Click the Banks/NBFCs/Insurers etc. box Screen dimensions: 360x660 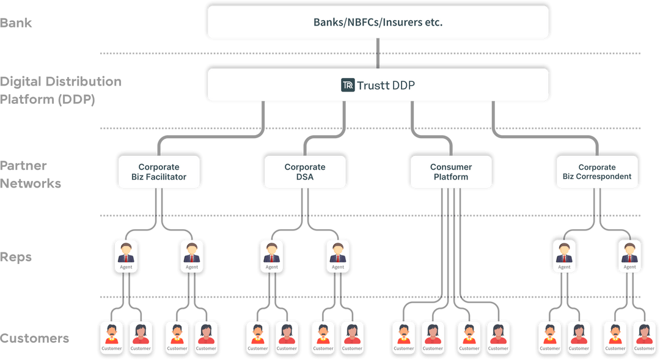click(378, 22)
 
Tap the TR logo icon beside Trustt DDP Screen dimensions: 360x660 click(348, 85)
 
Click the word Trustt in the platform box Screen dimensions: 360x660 click(373, 85)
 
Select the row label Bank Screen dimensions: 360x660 click(16, 23)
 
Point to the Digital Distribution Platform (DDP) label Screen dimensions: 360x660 click(61, 90)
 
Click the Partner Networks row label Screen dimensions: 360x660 click(31, 174)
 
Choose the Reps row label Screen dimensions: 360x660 click(16, 257)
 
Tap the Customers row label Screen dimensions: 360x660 click(35, 339)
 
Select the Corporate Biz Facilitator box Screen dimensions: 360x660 click(158, 172)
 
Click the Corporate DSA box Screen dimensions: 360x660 click(304, 172)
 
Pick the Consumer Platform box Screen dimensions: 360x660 click(450, 172)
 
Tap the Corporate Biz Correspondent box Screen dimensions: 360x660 click(596, 172)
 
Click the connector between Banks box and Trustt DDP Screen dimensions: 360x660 click(378, 53)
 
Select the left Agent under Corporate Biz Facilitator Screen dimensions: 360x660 click(125, 255)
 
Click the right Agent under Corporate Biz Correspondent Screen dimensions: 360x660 click(629, 255)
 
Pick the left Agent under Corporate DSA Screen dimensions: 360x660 click(271, 255)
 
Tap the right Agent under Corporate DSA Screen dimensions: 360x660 click(337, 255)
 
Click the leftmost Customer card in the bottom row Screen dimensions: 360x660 click(111, 337)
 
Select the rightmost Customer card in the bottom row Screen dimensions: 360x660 click(643, 337)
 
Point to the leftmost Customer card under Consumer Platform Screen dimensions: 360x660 click(403, 337)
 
